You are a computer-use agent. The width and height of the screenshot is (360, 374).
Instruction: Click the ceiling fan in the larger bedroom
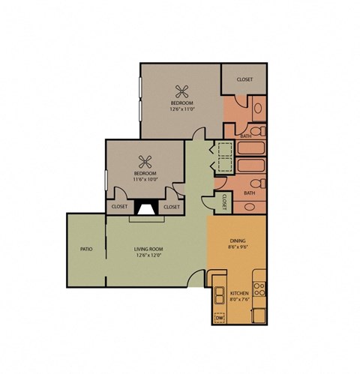click(x=181, y=92)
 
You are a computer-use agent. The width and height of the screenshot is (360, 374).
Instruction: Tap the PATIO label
click(x=86, y=249)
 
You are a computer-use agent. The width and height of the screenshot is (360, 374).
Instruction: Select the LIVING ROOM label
click(x=148, y=249)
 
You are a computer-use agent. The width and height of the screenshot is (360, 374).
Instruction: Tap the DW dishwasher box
click(x=220, y=319)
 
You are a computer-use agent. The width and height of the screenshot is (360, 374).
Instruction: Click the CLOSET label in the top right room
click(x=244, y=79)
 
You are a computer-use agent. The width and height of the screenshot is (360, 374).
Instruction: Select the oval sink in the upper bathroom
click(x=258, y=109)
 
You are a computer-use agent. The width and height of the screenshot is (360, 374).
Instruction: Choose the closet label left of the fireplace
click(x=119, y=207)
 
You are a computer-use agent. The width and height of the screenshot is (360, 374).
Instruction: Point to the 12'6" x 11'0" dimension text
click(x=181, y=109)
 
